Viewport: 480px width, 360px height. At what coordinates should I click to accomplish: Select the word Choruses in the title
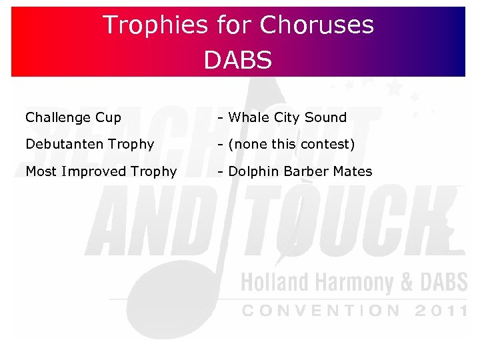317,25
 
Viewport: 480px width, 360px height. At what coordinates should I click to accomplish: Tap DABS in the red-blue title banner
238,60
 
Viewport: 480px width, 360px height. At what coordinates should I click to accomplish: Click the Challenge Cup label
73,118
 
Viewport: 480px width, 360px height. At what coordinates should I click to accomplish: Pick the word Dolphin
254,172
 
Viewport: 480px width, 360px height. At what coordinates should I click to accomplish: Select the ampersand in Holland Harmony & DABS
407,282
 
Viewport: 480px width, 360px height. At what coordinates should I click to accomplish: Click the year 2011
441,311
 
